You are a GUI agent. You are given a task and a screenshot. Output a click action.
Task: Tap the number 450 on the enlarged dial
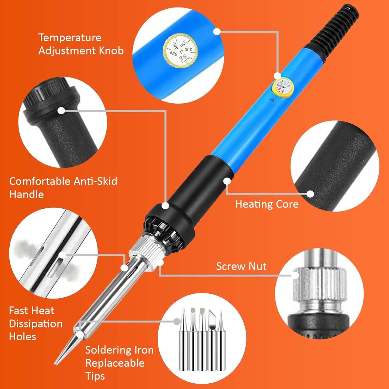tap(173, 54)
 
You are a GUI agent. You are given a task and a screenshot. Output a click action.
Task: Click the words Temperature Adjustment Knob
tap(81, 44)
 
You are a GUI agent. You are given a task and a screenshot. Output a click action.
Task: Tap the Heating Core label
tap(267, 204)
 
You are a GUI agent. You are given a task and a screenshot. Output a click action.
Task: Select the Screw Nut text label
tap(241, 266)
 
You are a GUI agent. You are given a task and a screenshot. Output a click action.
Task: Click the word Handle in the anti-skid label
tap(26, 194)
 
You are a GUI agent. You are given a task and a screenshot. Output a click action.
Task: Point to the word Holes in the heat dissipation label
tap(22, 337)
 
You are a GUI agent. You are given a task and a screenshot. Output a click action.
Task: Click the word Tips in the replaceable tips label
tap(95, 376)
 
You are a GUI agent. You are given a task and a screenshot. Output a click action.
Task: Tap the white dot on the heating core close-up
tap(310, 194)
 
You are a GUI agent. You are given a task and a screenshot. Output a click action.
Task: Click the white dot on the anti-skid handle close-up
tap(61, 110)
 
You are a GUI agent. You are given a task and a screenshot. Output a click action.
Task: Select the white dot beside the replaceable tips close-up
tap(177, 321)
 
